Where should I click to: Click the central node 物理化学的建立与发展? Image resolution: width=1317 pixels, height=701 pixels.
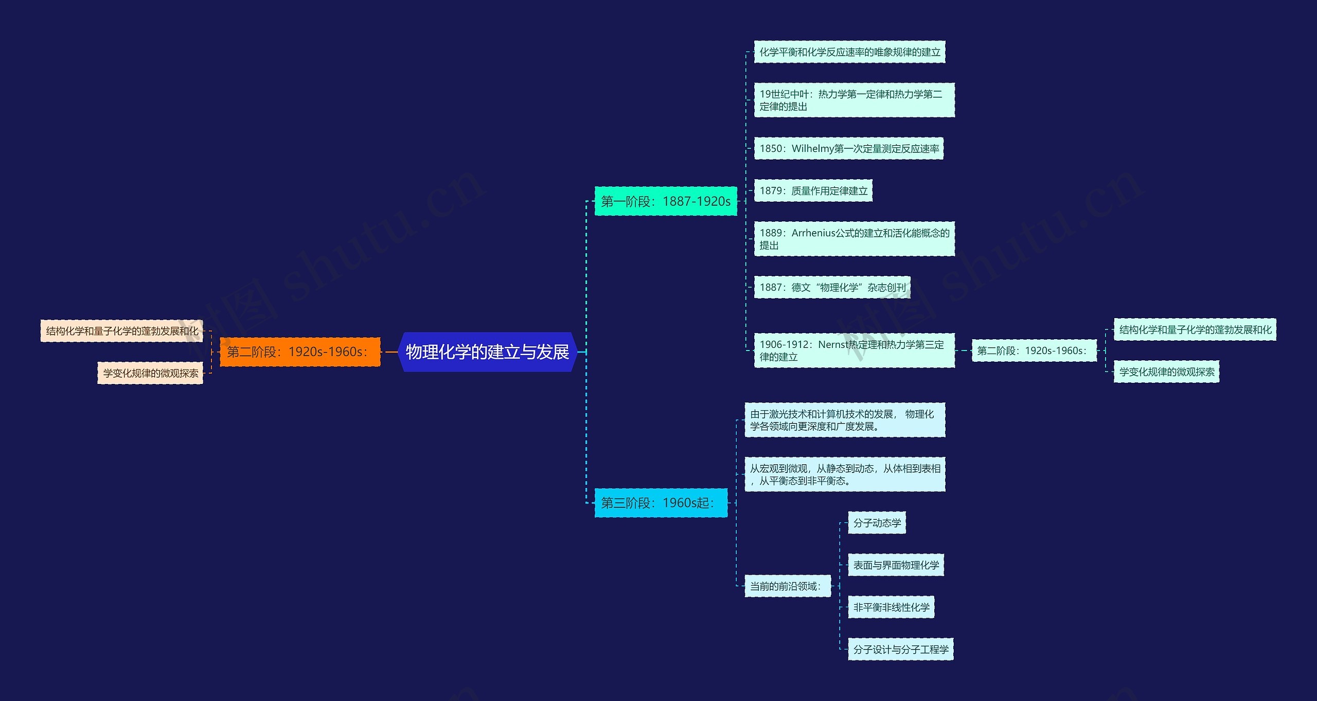[x=487, y=352]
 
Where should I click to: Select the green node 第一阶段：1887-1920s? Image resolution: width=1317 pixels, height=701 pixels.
[x=665, y=201]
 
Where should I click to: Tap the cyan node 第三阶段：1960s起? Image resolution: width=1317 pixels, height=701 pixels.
[x=661, y=503]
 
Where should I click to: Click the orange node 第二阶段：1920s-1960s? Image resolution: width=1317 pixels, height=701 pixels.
[x=300, y=352]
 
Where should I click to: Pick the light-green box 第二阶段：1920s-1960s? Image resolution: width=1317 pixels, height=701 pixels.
[x=1034, y=350]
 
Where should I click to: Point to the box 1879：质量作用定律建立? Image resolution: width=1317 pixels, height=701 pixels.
[x=813, y=191]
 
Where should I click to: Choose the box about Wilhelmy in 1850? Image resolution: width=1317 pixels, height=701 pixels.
[x=848, y=149]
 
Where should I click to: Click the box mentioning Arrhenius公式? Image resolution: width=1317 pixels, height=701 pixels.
[x=854, y=239]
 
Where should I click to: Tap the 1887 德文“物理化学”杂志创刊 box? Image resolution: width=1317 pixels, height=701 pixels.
[x=832, y=287]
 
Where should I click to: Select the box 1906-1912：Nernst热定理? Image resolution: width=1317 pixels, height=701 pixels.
[x=854, y=350]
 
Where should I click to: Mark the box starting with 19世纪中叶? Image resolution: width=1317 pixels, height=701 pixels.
[x=854, y=100]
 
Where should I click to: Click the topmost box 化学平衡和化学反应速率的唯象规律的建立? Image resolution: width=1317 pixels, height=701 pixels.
[x=849, y=52]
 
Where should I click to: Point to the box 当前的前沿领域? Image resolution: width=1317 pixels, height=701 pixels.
[x=787, y=586]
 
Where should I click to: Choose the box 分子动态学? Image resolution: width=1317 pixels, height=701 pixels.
[x=877, y=523]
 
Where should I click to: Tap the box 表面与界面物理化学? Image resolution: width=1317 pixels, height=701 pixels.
[x=896, y=565]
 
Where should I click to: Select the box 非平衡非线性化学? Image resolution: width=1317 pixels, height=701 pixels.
[x=891, y=607]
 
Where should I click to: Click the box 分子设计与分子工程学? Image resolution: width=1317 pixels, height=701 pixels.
[x=900, y=650]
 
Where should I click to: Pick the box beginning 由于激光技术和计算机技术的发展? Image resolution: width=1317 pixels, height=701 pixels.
[x=844, y=420]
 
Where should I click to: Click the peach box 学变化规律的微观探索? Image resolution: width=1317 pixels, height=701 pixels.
[x=150, y=373]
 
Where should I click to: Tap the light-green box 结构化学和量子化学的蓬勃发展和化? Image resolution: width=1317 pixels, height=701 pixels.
[x=1195, y=330]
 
